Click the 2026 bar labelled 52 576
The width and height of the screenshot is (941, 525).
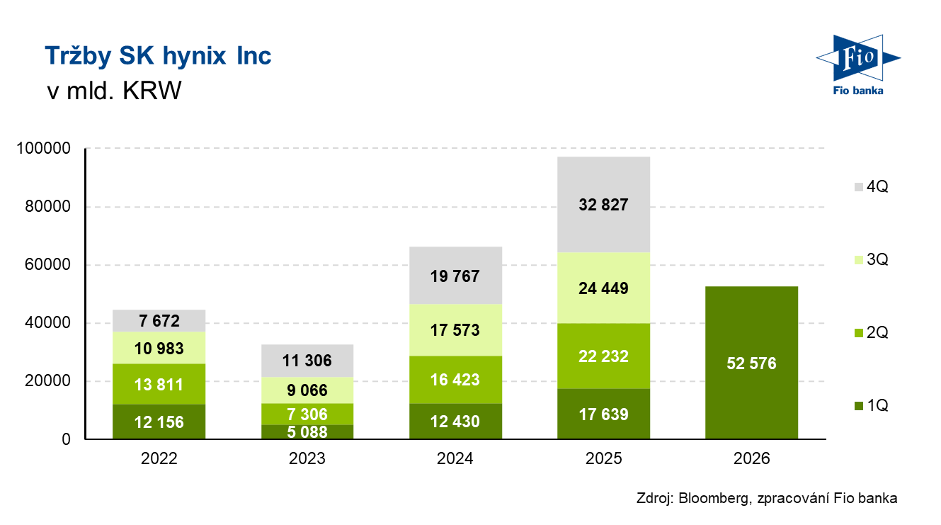point(751,363)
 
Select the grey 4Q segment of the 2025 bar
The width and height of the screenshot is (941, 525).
point(603,205)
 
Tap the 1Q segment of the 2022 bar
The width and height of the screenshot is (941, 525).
point(159,422)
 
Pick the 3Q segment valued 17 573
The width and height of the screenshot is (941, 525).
point(455,330)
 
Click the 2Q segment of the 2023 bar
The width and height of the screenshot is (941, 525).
point(307,414)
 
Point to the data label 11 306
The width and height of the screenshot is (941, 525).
point(307,361)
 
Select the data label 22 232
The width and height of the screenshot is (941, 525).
point(603,356)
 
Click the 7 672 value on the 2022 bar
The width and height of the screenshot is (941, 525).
point(159,321)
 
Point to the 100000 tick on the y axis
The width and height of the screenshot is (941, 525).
point(45,149)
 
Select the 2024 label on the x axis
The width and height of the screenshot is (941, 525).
point(455,458)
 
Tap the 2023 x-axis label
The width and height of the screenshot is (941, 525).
point(307,458)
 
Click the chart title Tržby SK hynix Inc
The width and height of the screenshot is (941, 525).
point(158,56)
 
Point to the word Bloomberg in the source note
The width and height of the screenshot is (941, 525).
point(712,498)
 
